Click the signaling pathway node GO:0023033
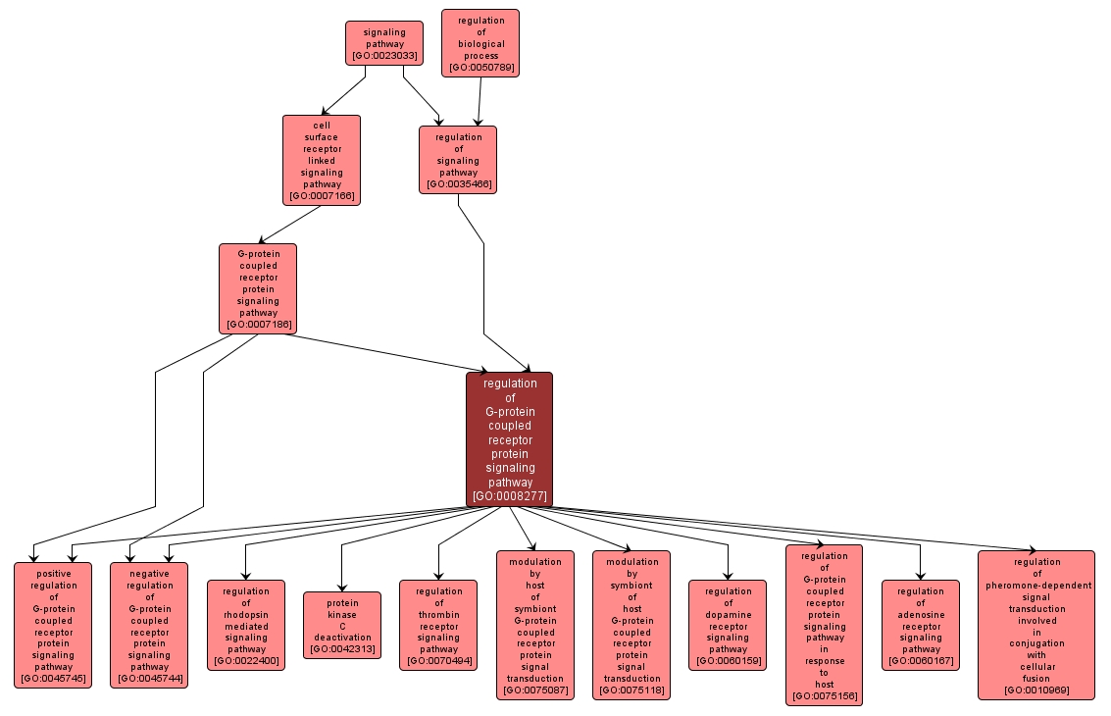[x=383, y=44]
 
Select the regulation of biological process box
[x=480, y=43]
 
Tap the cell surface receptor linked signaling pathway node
[x=322, y=160]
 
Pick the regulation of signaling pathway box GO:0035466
[x=458, y=160]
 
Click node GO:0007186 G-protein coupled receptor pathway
[x=258, y=288]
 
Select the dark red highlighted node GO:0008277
[x=509, y=439]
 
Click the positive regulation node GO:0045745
[x=53, y=625]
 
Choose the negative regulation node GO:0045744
[x=149, y=625]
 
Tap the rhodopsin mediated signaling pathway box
[x=245, y=625]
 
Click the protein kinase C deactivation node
[x=342, y=625]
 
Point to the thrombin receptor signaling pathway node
[x=438, y=625]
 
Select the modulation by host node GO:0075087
[x=535, y=625]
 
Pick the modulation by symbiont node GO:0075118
[x=631, y=625]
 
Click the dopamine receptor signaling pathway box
[x=728, y=625]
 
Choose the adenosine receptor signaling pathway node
[x=920, y=625]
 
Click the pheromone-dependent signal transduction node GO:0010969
[x=1035, y=625]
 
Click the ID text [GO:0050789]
[x=480, y=69]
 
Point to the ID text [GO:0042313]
[x=342, y=649]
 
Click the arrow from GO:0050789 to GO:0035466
[x=480, y=101]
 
